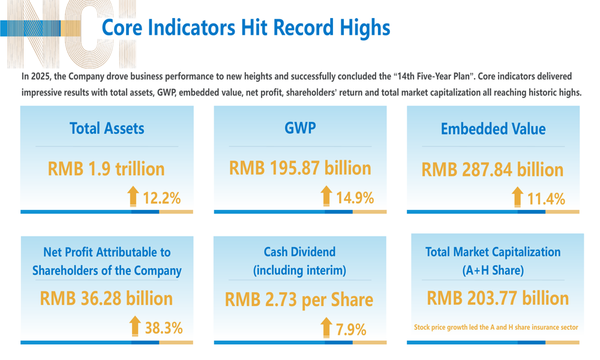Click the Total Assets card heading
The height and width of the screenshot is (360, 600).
(x=107, y=128)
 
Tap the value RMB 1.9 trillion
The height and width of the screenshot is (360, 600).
(x=106, y=169)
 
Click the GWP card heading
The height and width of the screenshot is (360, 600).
(x=300, y=128)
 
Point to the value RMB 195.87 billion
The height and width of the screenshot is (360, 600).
(x=300, y=168)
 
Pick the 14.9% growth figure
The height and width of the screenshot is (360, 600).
(x=355, y=197)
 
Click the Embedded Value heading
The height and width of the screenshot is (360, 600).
(x=493, y=129)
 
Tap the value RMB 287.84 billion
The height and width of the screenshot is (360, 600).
(x=493, y=170)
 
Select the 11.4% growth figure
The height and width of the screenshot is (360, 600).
(x=546, y=199)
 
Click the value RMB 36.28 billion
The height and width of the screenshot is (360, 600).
(x=106, y=298)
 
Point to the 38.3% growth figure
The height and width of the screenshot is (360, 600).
(x=164, y=328)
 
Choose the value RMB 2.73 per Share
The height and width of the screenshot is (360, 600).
(x=299, y=299)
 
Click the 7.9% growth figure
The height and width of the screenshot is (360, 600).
(x=351, y=329)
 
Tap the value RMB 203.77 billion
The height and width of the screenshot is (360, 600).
(x=497, y=298)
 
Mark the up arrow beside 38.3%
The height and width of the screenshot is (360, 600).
(x=135, y=326)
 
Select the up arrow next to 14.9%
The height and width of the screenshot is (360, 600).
(x=326, y=196)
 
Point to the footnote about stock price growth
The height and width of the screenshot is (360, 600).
(x=496, y=328)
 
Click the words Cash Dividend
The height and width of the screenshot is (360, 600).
(x=299, y=252)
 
